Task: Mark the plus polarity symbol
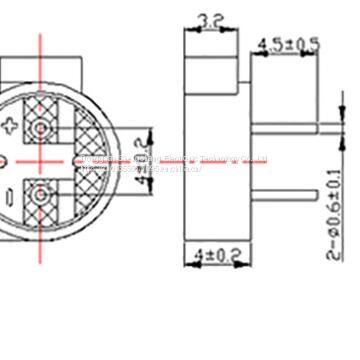point(12,126)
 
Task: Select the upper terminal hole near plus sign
point(42,129)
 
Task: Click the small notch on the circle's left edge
point(3,160)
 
